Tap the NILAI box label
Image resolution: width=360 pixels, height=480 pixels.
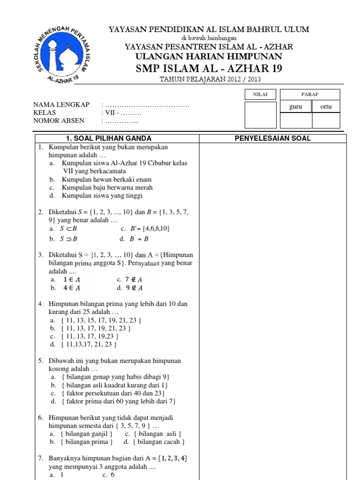261,95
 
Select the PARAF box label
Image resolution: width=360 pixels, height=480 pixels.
310,95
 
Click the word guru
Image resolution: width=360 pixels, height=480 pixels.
295,107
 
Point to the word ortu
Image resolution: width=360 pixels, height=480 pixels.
326,107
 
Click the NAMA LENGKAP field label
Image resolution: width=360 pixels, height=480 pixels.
61,105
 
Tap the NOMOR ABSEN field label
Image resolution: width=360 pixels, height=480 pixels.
59,120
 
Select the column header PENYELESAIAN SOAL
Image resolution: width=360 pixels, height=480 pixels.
272,138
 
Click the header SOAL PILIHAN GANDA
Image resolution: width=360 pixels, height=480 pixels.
109,138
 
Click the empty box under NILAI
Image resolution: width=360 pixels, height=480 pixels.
261,115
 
